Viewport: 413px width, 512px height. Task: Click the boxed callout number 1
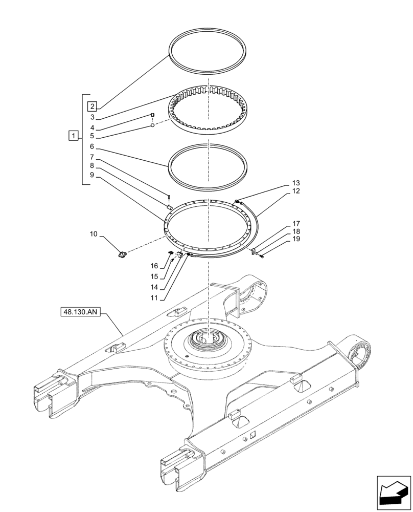pos(74,136)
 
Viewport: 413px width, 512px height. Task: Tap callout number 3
pos(92,117)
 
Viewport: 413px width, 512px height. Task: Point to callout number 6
pos(92,146)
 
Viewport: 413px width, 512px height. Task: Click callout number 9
pos(92,175)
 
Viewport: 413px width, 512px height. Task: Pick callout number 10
pos(94,234)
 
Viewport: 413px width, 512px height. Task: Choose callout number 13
pos(296,183)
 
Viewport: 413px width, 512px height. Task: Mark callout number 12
pos(296,191)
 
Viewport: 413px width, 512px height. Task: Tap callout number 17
pos(296,224)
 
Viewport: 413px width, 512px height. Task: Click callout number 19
pos(296,240)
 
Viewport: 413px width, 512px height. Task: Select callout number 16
pos(154,266)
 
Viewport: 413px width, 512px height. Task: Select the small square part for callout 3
pos(152,115)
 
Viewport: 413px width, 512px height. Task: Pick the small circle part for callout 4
pos(152,125)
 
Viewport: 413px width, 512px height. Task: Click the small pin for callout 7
pos(169,195)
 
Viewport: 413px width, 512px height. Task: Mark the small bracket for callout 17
pos(253,250)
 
